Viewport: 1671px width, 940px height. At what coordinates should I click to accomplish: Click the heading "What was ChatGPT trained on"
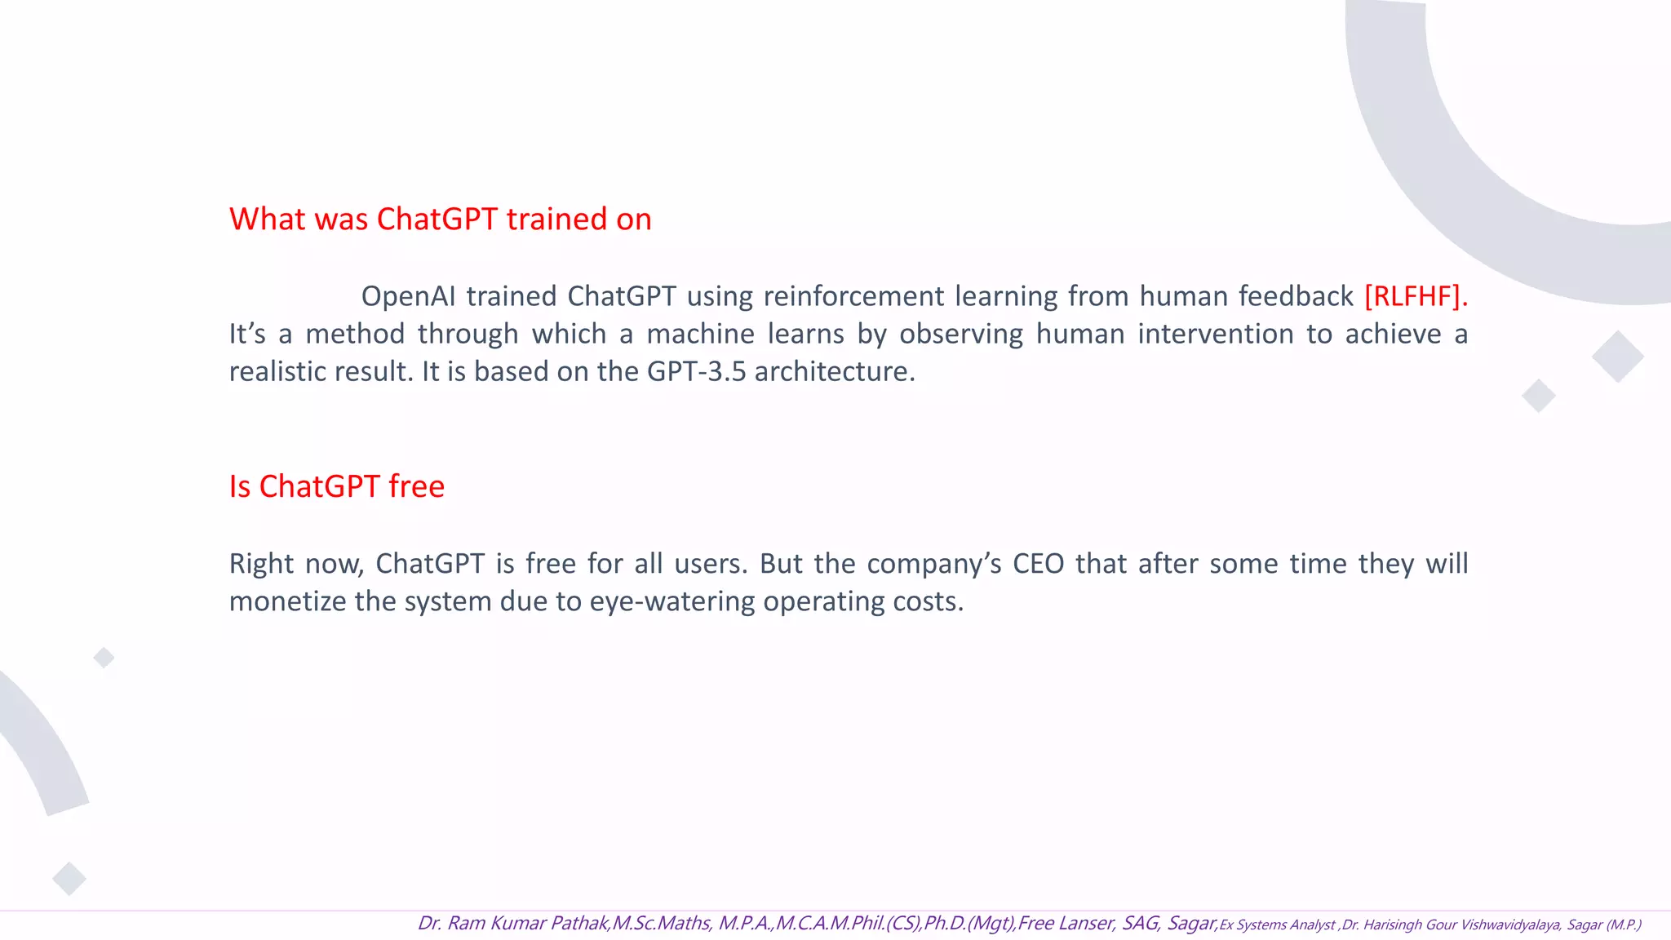[440, 219]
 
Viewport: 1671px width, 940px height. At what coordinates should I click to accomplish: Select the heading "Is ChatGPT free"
[336, 486]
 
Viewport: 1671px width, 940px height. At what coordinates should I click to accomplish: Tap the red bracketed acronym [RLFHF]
[1415, 296]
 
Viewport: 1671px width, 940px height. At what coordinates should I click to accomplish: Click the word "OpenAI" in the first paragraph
[408, 296]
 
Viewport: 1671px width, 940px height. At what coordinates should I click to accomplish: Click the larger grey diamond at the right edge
[1617, 357]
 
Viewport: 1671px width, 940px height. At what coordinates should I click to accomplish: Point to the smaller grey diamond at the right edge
[1539, 396]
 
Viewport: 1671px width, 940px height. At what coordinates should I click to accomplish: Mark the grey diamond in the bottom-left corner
[69, 879]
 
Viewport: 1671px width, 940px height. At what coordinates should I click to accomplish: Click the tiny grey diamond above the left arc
[104, 657]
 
